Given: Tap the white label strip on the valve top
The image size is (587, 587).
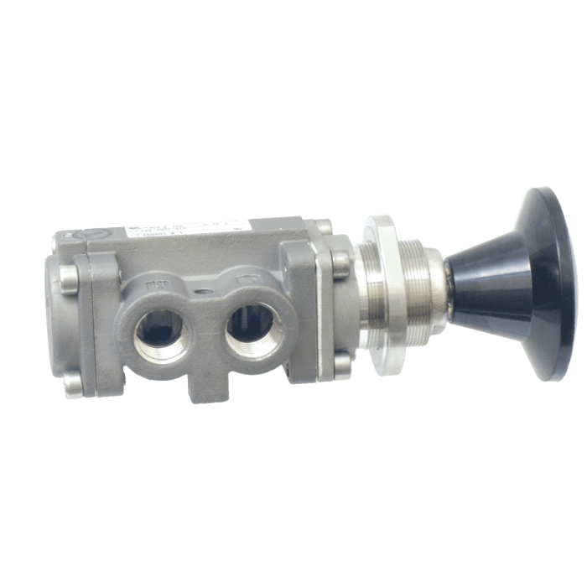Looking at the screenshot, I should tap(189, 229).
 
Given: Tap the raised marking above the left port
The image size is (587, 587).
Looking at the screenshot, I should tap(156, 286).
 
